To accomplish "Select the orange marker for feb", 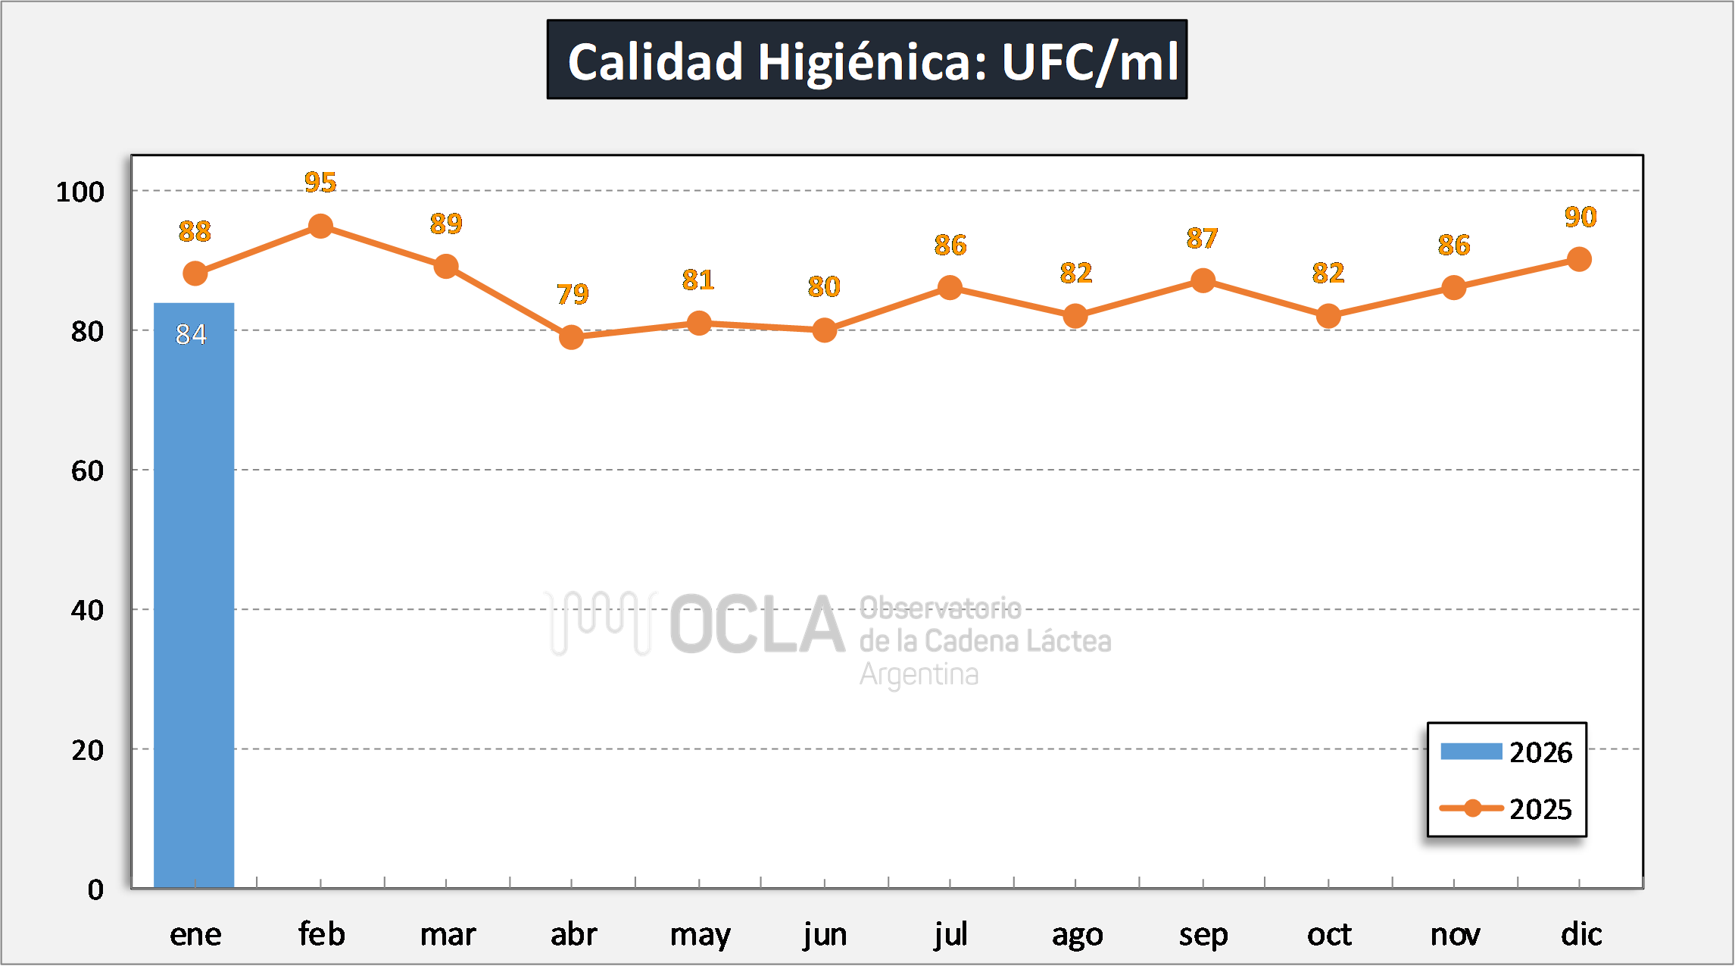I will (x=320, y=226).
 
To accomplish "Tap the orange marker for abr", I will (x=571, y=336).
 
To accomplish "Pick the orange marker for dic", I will (x=1579, y=259).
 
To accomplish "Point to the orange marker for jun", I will (x=824, y=330).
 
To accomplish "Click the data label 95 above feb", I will (x=320, y=183).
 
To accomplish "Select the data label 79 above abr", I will (x=572, y=294).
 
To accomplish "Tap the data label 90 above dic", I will (x=1581, y=217).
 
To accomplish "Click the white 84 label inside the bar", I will (x=191, y=334).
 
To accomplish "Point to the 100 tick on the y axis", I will (x=80, y=192).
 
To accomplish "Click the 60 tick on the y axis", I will (x=87, y=470).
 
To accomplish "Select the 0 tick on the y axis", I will (x=95, y=889).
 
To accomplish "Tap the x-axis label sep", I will (x=1203, y=935).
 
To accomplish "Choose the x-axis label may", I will (x=700, y=935).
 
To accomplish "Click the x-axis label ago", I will (x=1077, y=935).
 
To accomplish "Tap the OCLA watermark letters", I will (x=757, y=624).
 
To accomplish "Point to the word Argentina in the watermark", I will (x=919, y=674).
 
